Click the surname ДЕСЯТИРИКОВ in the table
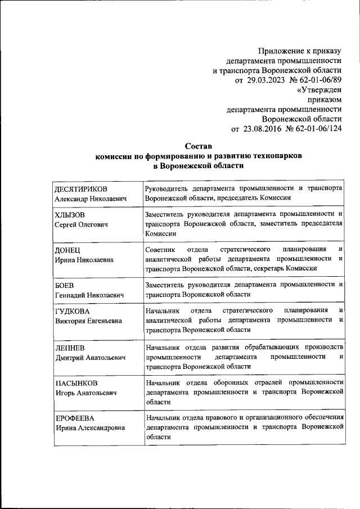coord(81,189)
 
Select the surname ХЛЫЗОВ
coord(69,215)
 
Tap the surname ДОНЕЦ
coord(67,250)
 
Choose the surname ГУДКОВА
coord(72,311)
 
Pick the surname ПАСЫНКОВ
coord(76,383)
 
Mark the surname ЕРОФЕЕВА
coord(74,418)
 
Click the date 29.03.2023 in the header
coord(265,80)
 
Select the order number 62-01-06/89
coord(318,80)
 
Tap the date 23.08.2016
coord(262,129)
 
